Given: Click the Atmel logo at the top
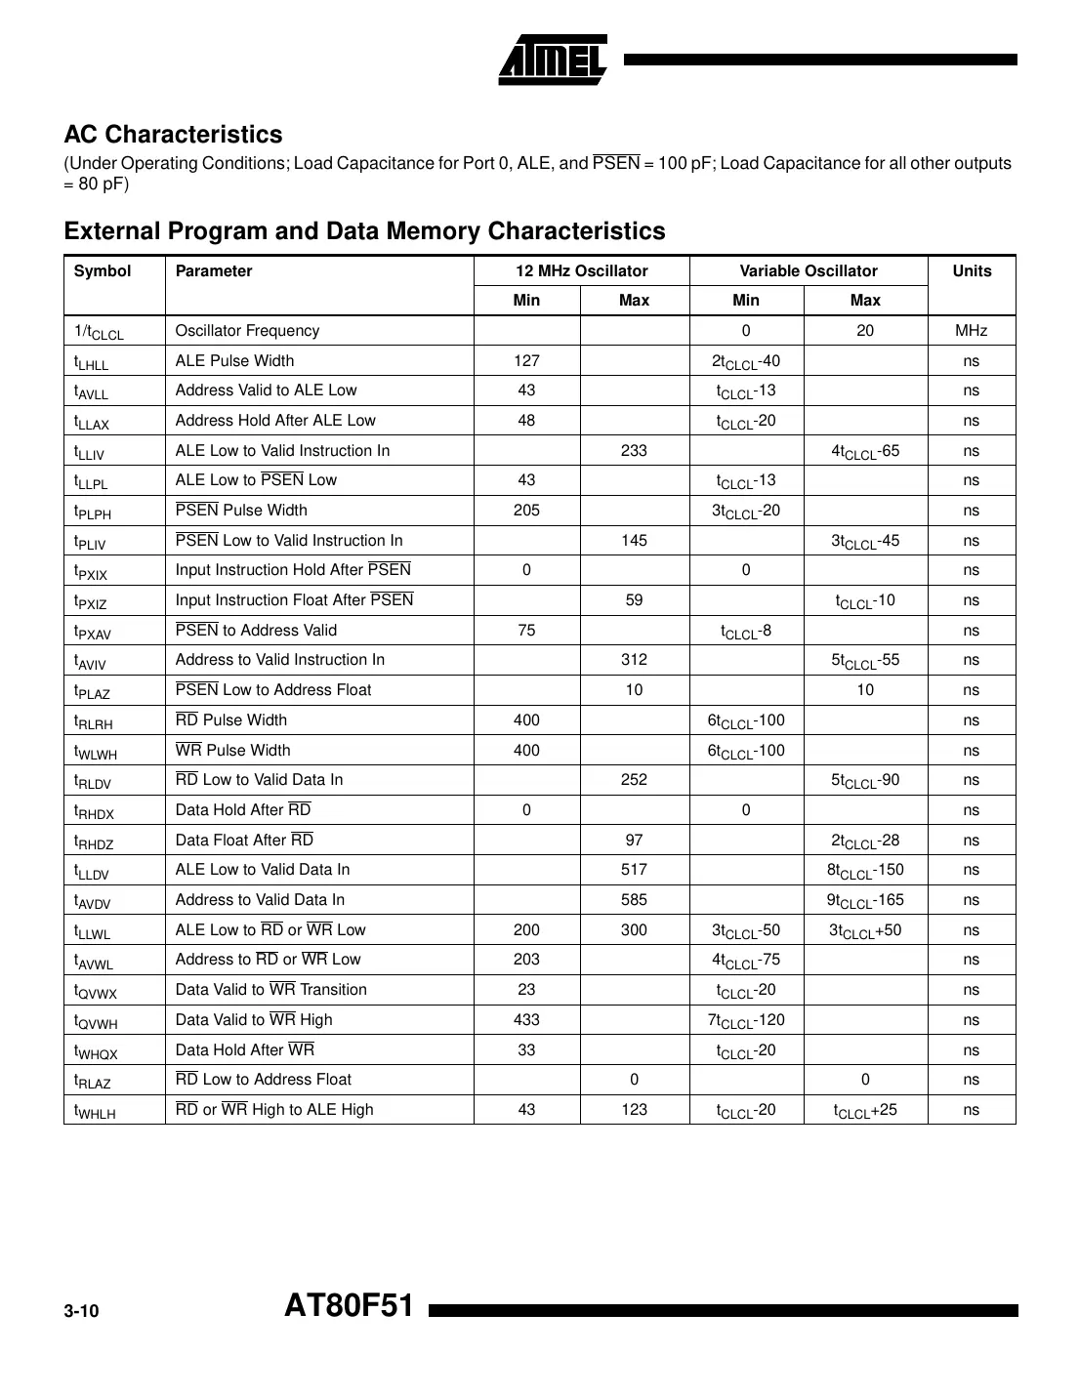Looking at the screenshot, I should point(553,61).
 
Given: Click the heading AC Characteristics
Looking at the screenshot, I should point(173,135).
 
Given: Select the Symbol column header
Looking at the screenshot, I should point(102,271).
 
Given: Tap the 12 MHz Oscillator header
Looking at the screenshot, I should point(581,271).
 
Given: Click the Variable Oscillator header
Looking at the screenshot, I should point(808,271).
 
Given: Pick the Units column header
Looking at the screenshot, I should point(971,271).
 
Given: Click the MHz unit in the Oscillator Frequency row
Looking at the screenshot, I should point(971,331).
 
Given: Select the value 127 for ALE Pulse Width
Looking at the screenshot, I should point(526,361).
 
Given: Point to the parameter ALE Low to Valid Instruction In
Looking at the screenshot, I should point(282,451).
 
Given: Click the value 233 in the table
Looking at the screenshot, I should point(634,451).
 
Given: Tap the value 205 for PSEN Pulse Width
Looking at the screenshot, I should point(526,511).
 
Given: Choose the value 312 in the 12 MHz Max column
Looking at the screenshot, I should point(634,660).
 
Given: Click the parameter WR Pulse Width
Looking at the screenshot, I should point(232,751).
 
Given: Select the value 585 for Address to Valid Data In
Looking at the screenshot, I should point(634,900).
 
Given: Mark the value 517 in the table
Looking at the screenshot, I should point(634,870).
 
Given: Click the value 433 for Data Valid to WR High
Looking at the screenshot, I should point(526,1020).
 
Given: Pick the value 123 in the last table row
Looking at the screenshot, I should point(634,1110).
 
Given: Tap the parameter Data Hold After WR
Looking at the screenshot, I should point(244,1050).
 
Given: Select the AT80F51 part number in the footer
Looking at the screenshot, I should point(349,1306).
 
